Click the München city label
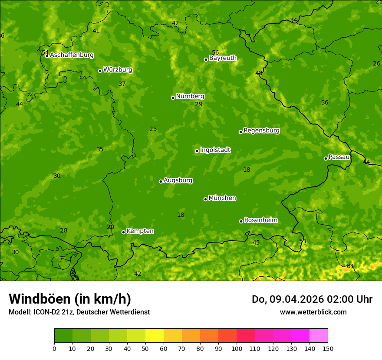tap(222, 198)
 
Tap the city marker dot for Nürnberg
tap(173, 98)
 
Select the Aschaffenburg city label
tap(72, 55)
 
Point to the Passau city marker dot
tap(326, 158)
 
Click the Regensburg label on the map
tap(261, 131)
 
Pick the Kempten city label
tap(140, 231)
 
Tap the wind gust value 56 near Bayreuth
tap(215, 52)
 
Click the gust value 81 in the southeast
tap(350, 266)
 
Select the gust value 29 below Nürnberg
tap(199, 104)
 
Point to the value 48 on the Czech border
tap(259, 73)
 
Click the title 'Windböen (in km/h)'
tap(70, 299)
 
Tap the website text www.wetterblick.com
tap(313, 312)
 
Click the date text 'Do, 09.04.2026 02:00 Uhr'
tap(312, 299)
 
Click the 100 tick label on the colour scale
tap(237, 348)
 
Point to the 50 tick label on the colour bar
tap(145, 348)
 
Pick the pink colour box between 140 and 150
tap(319, 336)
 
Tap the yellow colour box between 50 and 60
tap(155, 336)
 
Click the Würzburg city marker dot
tap(100, 71)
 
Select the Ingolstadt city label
tap(215, 150)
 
